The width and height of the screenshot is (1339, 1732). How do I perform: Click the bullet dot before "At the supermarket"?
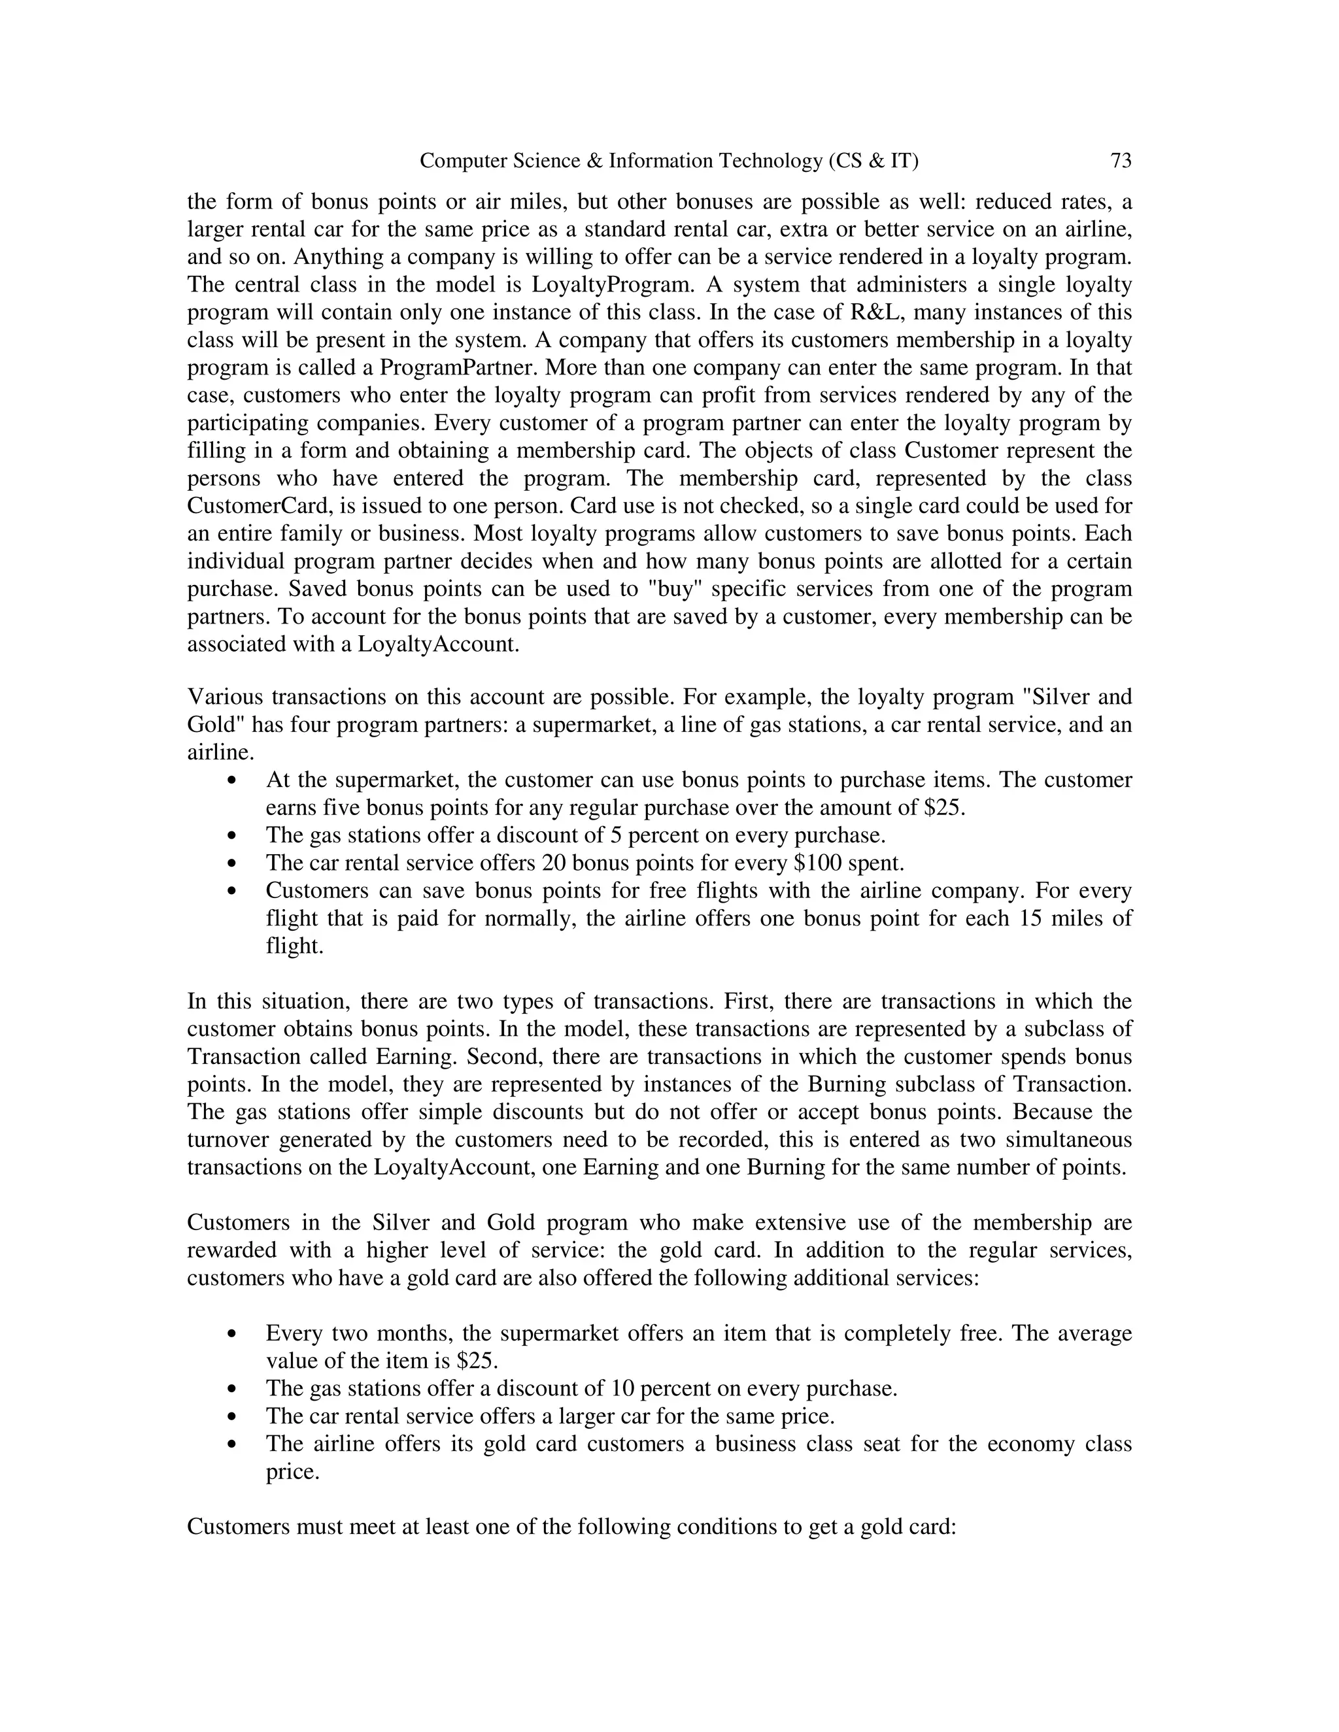(x=231, y=781)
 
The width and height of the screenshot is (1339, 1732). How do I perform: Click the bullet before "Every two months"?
(x=231, y=1335)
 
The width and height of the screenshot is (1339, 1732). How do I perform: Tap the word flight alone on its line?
(x=294, y=946)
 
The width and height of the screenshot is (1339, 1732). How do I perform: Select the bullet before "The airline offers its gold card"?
(x=231, y=1445)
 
